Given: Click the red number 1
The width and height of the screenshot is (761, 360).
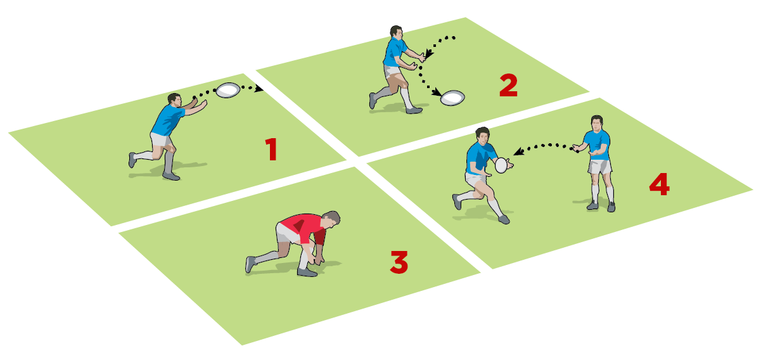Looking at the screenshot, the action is (x=271, y=149).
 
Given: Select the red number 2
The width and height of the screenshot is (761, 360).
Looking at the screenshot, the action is (x=509, y=86).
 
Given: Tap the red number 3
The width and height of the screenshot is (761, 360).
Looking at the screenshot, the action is (x=399, y=262).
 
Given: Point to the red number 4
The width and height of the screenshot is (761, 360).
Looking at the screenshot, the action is (x=660, y=184).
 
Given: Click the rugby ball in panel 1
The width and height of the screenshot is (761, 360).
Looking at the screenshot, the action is (x=227, y=90).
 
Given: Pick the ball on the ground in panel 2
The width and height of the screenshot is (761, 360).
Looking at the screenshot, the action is (x=452, y=98).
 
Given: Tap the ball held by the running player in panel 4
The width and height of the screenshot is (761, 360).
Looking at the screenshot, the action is (x=501, y=165).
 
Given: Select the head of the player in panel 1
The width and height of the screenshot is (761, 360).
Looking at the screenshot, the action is (x=174, y=100).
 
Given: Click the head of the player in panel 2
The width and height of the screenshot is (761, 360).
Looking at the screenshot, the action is (x=397, y=32).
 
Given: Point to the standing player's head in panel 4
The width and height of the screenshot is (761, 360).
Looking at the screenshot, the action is (x=597, y=123).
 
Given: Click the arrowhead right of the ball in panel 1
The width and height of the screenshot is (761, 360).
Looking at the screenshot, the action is (x=259, y=89).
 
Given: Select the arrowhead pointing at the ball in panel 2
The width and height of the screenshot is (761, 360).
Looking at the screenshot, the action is (x=437, y=92).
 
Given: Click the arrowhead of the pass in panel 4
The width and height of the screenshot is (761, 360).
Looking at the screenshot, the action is (x=518, y=151).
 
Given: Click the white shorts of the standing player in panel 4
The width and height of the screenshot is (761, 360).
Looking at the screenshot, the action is (x=599, y=167).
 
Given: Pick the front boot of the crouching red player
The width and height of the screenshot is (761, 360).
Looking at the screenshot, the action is (x=307, y=272).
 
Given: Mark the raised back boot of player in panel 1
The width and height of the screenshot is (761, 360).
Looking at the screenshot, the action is (x=132, y=160).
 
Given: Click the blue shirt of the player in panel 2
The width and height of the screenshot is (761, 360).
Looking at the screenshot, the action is (x=394, y=52).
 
